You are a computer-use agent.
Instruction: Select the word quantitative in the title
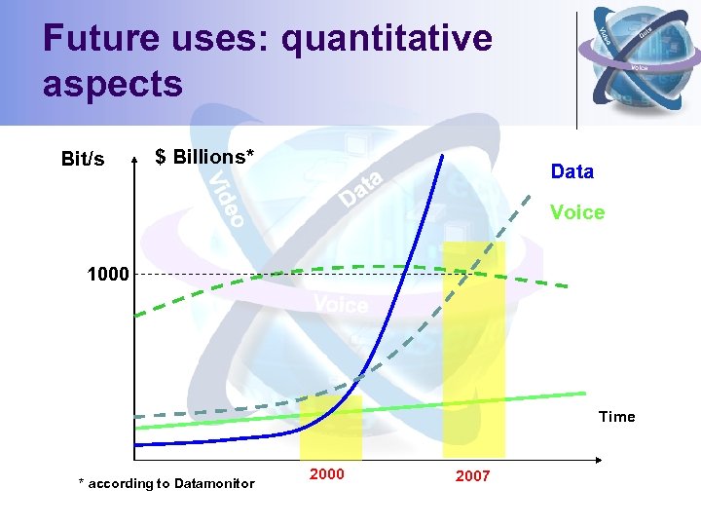[386, 39]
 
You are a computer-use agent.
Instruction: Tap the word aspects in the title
[112, 84]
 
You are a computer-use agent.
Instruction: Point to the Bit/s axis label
[83, 159]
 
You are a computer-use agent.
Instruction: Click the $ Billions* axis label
[204, 157]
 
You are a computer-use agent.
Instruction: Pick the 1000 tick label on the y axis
[107, 275]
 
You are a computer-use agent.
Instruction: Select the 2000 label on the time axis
[326, 473]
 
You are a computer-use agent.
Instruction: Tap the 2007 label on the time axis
[472, 476]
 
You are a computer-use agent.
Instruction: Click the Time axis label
[616, 417]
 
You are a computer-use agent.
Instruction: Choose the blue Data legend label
[572, 172]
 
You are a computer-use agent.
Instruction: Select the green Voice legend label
[576, 212]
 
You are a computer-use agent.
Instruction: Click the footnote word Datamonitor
[213, 483]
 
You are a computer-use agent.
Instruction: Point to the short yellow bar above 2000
[331, 429]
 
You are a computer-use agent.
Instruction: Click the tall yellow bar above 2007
[474, 351]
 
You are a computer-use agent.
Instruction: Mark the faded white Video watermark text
[227, 200]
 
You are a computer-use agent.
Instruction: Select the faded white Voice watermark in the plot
[341, 306]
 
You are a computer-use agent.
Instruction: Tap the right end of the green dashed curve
[567, 284]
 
